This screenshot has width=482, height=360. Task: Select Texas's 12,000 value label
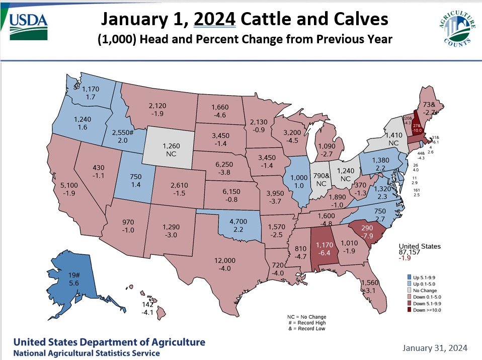(x=225, y=260)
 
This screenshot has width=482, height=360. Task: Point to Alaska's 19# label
(x=74, y=275)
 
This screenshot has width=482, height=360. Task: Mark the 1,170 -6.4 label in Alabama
(x=323, y=245)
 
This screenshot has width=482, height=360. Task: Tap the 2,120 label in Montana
(x=158, y=106)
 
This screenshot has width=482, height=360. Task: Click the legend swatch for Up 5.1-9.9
(x=410, y=277)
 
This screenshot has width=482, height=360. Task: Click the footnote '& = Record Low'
(x=310, y=329)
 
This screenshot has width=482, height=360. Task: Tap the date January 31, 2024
(x=435, y=348)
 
